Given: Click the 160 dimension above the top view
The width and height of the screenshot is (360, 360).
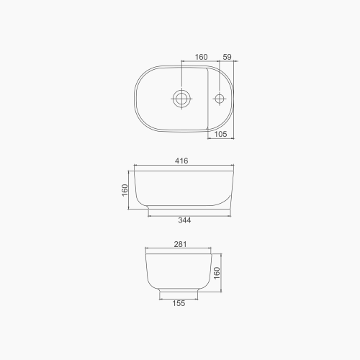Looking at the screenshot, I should (201, 56).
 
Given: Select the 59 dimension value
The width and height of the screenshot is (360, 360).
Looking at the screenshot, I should (227, 56).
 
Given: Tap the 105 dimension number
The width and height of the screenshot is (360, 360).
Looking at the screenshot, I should (221, 134).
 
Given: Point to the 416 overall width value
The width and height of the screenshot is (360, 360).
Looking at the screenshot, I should (181, 162).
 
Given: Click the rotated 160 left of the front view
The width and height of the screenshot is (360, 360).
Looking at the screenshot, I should (125, 191).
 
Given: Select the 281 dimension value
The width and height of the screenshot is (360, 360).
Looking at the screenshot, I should (180, 245).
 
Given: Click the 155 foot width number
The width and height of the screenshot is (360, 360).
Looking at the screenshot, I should (179, 303).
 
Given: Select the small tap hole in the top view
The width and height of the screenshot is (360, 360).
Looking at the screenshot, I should (220, 97).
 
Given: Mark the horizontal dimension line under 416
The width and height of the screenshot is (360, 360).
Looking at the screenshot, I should (181, 168).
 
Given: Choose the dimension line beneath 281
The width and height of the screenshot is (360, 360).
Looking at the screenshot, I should (179, 251).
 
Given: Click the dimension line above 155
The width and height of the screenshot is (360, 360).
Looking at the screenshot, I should (179, 297).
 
